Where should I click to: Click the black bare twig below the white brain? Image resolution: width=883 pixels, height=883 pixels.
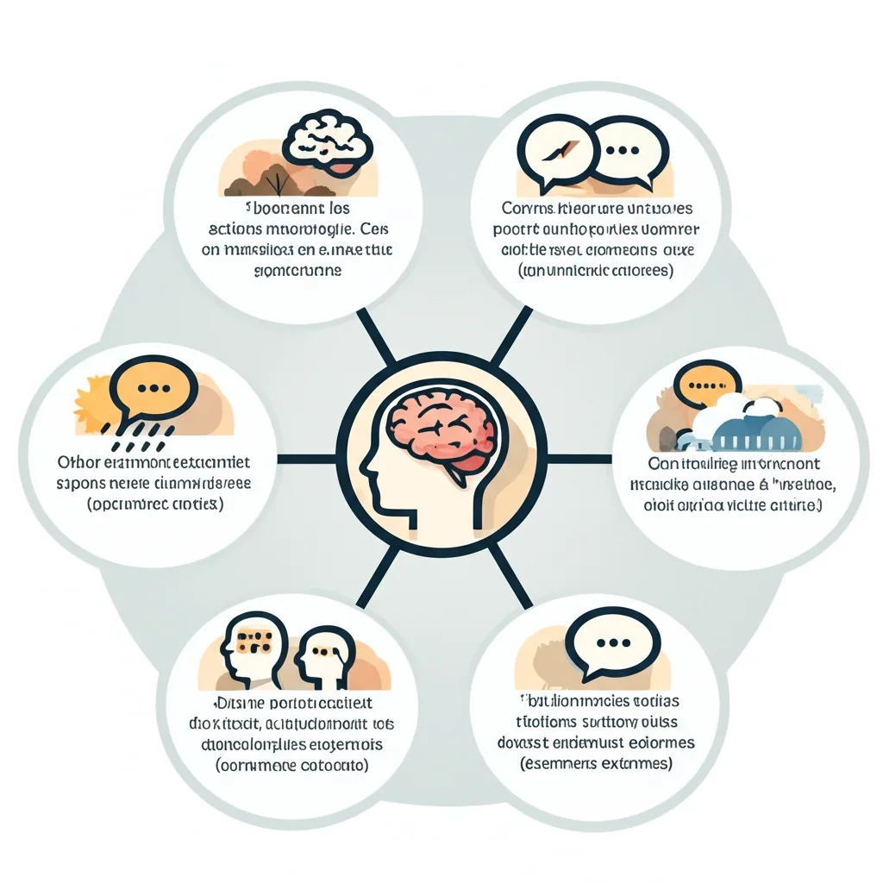pos(276,184)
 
